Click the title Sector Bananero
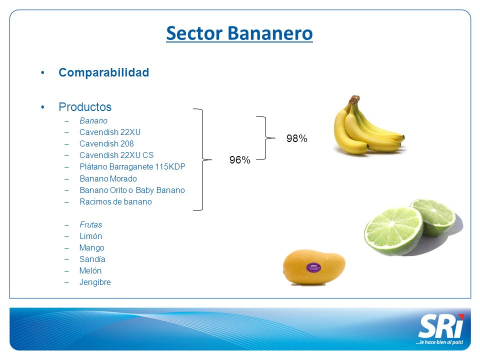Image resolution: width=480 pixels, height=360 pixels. click(239, 33)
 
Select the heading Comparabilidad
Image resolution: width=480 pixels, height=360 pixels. click(104, 72)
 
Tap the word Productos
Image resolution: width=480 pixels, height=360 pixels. click(85, 107)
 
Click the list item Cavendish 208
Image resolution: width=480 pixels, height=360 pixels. click(106, 143)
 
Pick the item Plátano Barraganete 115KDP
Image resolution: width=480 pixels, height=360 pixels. click(132, 167)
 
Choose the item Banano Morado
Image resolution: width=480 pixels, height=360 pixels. click(108, 178)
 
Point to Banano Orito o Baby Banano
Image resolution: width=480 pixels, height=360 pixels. click(132, 190)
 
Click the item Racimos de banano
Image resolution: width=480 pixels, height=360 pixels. click(115, 201)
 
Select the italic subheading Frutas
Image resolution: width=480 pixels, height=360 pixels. click(90, 224)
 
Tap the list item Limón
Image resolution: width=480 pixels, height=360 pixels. click(90, 236)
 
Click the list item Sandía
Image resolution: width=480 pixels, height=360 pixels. click(92, 259)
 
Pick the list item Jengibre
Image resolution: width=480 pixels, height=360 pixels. click(95, 282)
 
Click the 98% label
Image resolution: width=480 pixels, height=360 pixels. click(297, 138)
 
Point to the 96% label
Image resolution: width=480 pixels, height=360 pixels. click(240, 160)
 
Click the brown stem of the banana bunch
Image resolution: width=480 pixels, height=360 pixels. click(354, 99)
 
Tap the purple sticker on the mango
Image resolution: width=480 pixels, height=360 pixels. click(314, 268)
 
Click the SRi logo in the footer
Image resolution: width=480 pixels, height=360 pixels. click(441, 326)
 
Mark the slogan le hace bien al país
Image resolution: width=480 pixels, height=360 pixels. click(439, 342)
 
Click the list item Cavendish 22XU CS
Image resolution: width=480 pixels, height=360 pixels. click(116, 155)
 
